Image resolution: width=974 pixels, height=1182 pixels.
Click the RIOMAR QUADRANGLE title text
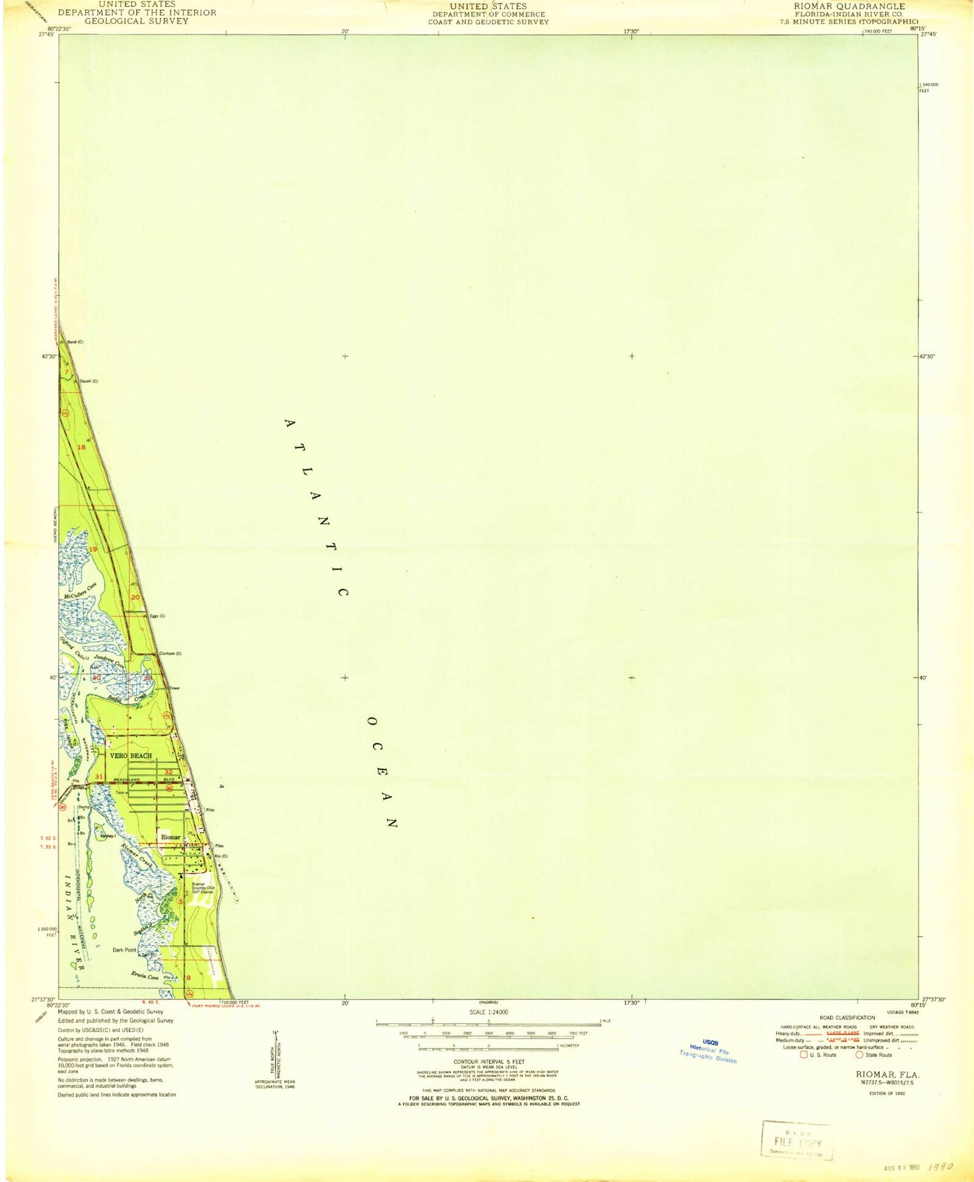pyautogui.click(x=849, y=6)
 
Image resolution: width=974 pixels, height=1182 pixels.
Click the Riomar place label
pyautogui.click(x=171, y=837)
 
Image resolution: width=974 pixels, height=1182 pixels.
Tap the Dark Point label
pyautogui.click(x=124, y=950)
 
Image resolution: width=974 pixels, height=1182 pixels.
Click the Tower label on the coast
pyautogui.click(x=175, y=688)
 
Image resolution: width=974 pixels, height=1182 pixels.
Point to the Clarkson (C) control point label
pyautogui.click(x=169, y=653)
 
